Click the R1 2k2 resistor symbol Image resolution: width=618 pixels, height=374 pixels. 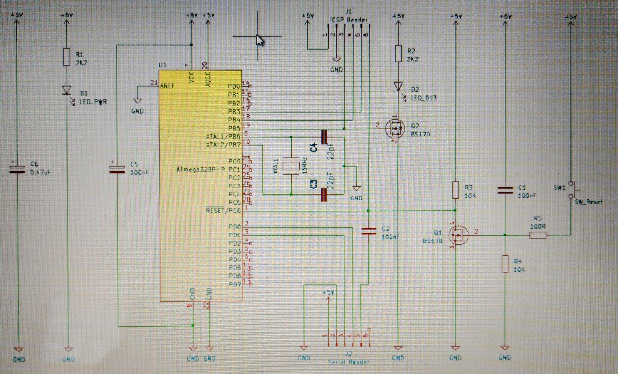67,57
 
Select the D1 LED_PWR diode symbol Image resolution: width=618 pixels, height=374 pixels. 67,90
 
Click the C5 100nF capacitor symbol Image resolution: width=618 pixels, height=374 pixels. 117,169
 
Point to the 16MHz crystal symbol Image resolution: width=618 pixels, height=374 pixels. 291,166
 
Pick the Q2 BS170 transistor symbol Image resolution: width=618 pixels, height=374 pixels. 396,129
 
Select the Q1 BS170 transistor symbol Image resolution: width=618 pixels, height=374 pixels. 458,235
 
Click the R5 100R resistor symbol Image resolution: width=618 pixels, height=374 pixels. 538,235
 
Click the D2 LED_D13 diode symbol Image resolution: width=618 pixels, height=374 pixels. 398,87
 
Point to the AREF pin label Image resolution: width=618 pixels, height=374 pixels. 167,86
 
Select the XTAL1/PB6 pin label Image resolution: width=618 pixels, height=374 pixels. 223,137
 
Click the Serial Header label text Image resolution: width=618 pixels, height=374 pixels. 349,362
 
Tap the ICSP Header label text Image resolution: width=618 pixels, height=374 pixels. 349,20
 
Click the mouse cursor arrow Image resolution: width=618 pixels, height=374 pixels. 260,41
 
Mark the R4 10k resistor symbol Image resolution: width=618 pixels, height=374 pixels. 505,264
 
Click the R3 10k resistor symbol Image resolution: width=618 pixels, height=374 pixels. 456,190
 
